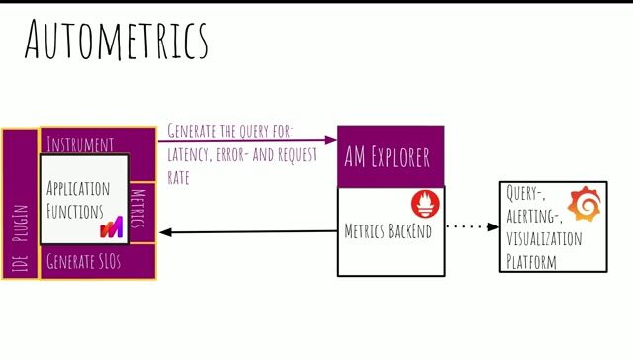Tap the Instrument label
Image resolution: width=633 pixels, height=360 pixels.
pos(81,144)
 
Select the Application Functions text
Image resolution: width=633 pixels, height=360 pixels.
pos(78,199)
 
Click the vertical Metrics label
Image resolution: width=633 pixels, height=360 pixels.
pos(139,210)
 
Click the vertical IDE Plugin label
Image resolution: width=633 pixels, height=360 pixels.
pos(18,238)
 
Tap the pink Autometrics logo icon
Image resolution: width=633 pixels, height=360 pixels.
pos(111,227)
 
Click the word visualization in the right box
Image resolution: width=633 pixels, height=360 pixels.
pos(544,240)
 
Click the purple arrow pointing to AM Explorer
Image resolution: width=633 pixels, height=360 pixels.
pos(247,140)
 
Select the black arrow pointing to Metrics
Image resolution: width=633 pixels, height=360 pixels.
pos(247,232)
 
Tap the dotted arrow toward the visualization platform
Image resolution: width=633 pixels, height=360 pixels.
pos(473,227)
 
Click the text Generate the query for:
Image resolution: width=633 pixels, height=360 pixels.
pos(230,130)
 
